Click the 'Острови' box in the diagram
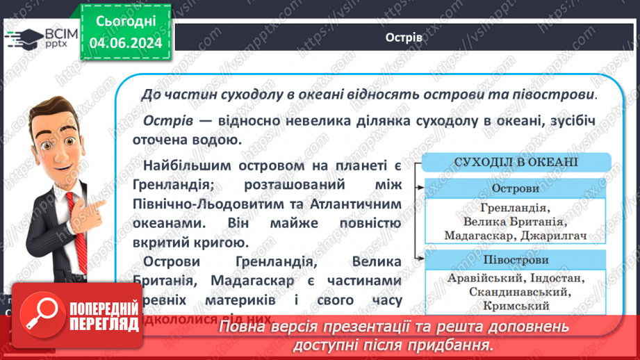pos(515,188)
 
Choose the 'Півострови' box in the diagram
pos(515,260)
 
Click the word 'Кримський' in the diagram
pos(515,305)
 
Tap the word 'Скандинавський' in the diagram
pos(515,292)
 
